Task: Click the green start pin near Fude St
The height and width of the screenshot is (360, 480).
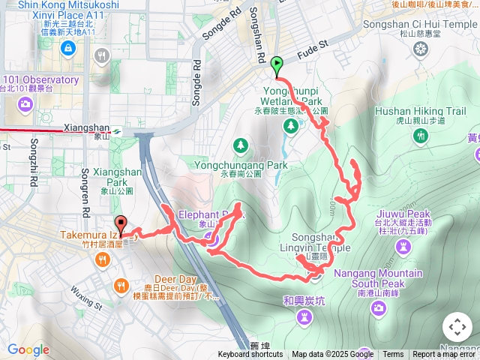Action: [277, 66]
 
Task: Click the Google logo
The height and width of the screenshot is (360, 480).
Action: [28, 349]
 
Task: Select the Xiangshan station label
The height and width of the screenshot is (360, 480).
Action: [87, 128]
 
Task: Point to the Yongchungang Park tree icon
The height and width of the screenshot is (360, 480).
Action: [240, 144]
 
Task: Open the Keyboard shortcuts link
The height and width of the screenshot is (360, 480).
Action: [250, 355]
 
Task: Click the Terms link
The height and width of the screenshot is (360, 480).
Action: [393, 355]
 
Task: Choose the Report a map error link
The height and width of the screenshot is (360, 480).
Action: [445, 355]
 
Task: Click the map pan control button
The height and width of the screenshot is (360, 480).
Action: [457, 328]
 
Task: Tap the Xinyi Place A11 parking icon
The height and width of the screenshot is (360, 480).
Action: [68, 48]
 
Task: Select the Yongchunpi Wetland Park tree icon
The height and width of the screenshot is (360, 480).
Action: [289, 126]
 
